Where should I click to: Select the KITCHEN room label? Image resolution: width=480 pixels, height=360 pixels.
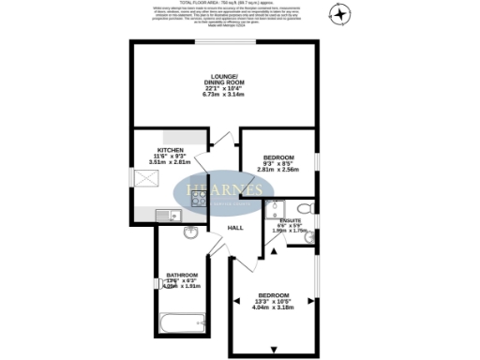tap(170, 150)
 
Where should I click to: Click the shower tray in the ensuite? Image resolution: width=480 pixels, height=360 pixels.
tap(277, 209)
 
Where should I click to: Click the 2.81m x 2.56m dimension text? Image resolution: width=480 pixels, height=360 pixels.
tap(277, 170)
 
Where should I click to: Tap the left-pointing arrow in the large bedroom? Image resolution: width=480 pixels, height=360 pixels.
tap(235, 301)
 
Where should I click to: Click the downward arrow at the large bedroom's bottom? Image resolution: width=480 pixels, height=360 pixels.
tap(274, 350)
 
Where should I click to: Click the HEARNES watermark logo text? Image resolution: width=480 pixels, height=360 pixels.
tap(223, 190)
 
